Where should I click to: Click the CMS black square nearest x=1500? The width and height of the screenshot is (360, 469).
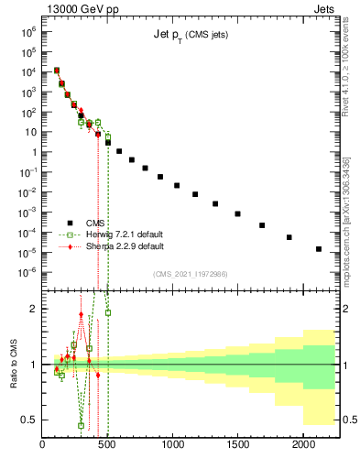coord(237,213)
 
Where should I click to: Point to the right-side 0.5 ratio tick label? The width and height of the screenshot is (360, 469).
coord(347,420)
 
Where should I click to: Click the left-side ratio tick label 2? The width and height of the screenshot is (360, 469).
coord(34,309)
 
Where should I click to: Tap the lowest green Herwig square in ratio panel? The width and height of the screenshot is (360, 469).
coord(82,425)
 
